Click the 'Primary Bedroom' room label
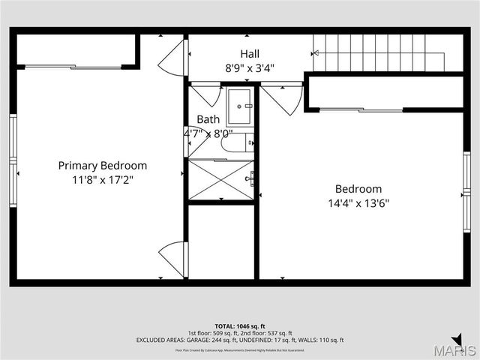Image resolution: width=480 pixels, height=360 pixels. click(x=103, y=166)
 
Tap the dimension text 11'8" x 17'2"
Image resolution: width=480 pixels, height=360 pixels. click(x=103, y=180)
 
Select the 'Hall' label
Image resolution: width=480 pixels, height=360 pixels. click(x=250, y=54)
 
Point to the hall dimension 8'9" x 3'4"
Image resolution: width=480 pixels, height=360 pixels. click(x=250, y=67)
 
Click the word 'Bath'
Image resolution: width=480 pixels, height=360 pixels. click(x=208, y=119)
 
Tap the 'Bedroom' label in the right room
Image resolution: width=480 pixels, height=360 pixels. click(x=358, y=189)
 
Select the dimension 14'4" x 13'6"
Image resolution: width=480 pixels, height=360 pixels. click(x=358, y=203)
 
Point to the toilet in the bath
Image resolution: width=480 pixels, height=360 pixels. click(x=238, y=142)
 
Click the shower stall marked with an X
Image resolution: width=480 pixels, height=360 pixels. click(x=220, y=180)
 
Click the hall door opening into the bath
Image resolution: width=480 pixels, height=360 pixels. click(x=204, y=95)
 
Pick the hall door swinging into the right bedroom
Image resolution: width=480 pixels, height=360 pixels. click(x=283, y=97)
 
